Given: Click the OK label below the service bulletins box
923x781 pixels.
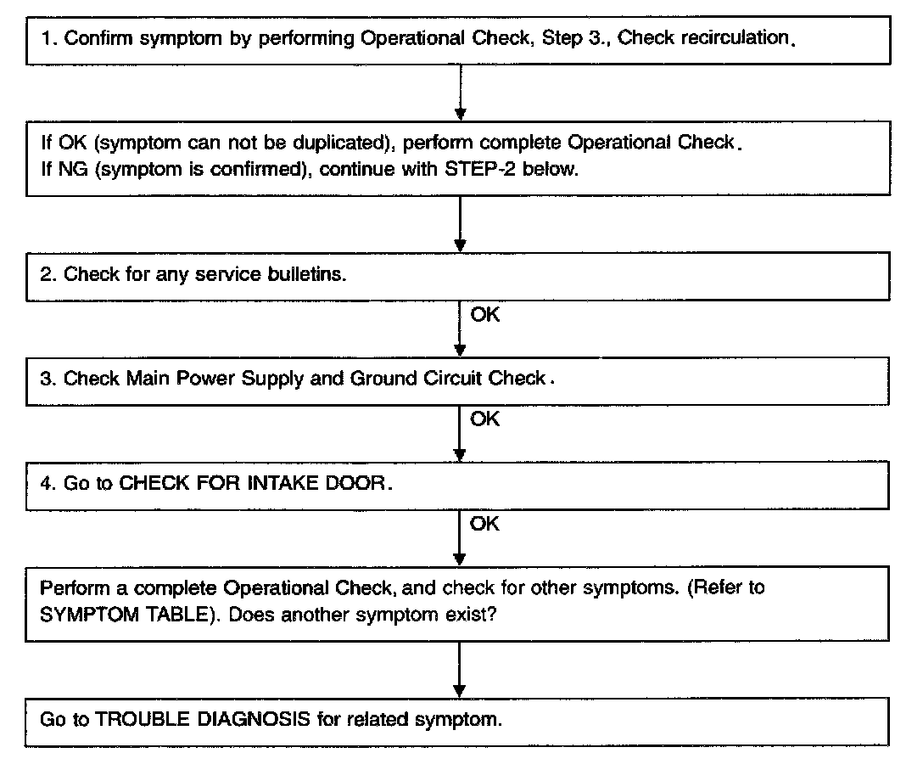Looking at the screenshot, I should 484,315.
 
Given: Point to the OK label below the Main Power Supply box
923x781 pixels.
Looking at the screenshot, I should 484,419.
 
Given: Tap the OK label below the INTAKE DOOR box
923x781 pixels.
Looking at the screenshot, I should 484,524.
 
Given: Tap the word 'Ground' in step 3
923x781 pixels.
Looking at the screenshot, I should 379,379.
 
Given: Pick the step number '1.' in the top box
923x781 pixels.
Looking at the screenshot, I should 48,39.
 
